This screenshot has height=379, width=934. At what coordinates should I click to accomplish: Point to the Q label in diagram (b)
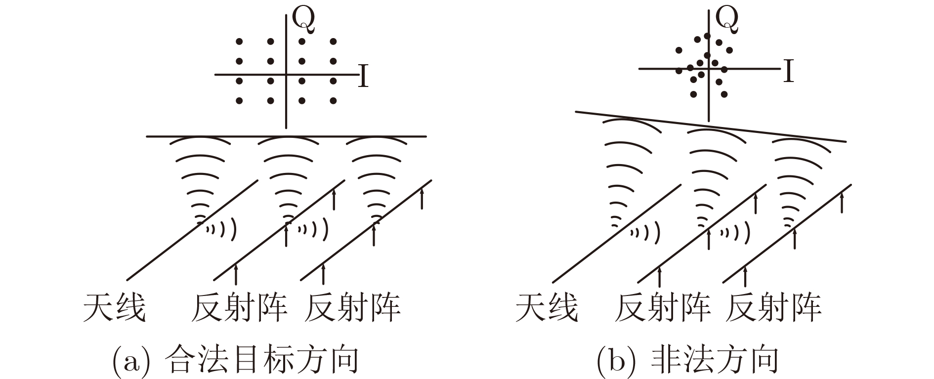[727, 18]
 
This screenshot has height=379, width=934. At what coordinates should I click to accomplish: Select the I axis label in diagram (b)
[789, 71]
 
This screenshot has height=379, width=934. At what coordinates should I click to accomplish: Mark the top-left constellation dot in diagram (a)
[239, 42]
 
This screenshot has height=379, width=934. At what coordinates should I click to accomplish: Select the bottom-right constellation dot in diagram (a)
[333, 101]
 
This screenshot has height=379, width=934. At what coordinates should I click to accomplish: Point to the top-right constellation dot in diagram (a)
[333, 42]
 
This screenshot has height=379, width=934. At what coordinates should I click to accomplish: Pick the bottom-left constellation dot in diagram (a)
[239, 101]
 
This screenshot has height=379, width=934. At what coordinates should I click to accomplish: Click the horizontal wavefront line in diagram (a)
[287, 136]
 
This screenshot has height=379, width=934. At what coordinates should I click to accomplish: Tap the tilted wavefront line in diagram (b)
[711, 126]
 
